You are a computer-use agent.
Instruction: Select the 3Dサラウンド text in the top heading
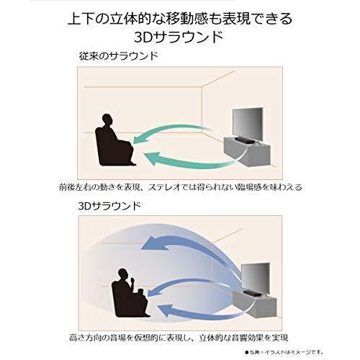coord(180,36)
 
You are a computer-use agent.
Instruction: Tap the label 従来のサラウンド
coord(120,55)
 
